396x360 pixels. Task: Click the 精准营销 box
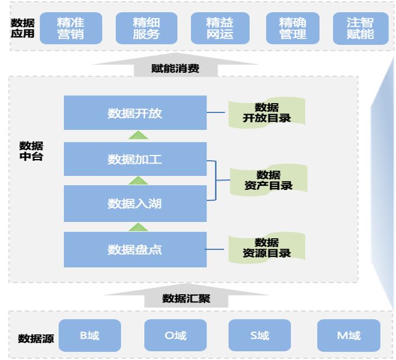click(x=70, y=29)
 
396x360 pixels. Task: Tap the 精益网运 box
click(x=220, y=29)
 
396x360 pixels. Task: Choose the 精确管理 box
click(x=292, y=29)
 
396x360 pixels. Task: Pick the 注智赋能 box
click(x=360, y=29)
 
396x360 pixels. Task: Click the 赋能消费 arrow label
click(x=175, y=69)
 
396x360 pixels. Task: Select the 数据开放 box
click(x=135, y=113)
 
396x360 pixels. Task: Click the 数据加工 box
click(x=135, y=159)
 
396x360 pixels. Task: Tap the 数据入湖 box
click(x=135, y=203)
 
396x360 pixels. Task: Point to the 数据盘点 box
click(x=135, y=249)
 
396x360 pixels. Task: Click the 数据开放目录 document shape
click(x=267, y=113)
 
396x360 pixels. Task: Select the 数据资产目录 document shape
click(x=268, y=180)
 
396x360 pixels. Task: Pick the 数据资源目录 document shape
click(x=267, y=248)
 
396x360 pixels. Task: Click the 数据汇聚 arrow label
click(x=186, y=299)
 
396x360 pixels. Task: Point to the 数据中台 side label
click(x=31, y=151)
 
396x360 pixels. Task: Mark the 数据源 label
click(x=36, y=338)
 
